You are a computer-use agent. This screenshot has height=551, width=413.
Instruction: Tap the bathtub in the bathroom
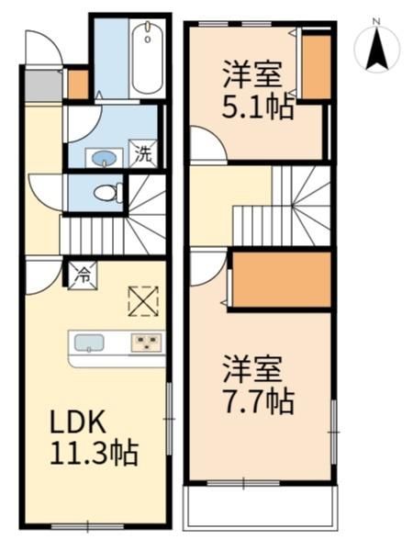coord(148,58)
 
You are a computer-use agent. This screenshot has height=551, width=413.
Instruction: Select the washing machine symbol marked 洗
coord(143,153)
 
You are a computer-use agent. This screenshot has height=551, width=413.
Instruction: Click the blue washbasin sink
coord(104,158)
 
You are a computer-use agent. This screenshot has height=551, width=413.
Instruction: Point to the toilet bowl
coord(107,193)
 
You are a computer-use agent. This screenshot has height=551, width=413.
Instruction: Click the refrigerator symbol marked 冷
coord(83,275)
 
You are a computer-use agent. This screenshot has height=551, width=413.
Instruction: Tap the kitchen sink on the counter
coord(89,343)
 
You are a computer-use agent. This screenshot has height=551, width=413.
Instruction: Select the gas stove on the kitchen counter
coord(147,343)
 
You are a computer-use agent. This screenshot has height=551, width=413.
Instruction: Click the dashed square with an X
coord(143,301)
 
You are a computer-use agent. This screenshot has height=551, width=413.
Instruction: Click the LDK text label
coord(78,422)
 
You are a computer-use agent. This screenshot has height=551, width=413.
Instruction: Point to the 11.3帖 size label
coord(95,453)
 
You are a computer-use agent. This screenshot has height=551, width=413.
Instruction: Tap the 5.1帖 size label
coord(257,107)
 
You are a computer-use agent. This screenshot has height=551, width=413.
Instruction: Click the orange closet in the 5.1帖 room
coord(317,67)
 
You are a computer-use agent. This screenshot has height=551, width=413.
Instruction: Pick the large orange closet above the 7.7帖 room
coord(282,280)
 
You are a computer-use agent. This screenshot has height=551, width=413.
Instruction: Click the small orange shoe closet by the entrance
coord(78,84)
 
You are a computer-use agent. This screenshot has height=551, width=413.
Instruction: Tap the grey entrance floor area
coord(43,85)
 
